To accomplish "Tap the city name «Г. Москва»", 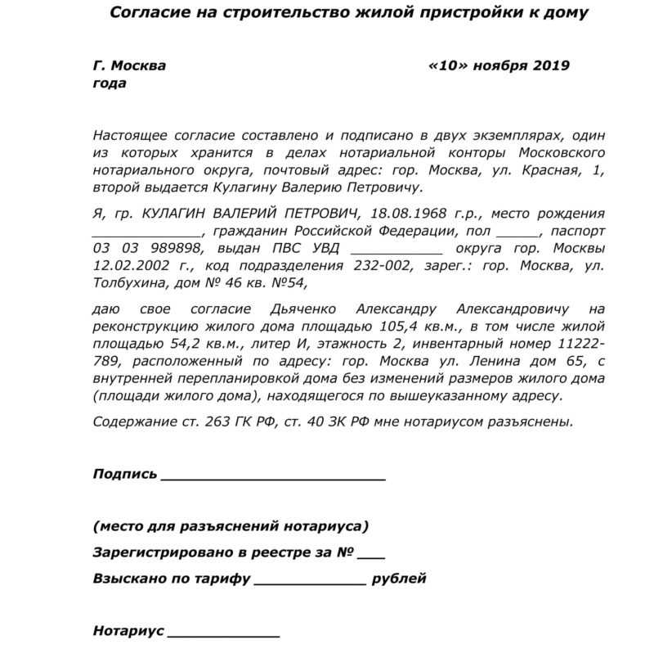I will coord(129,66).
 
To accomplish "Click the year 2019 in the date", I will coord(550,66).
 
